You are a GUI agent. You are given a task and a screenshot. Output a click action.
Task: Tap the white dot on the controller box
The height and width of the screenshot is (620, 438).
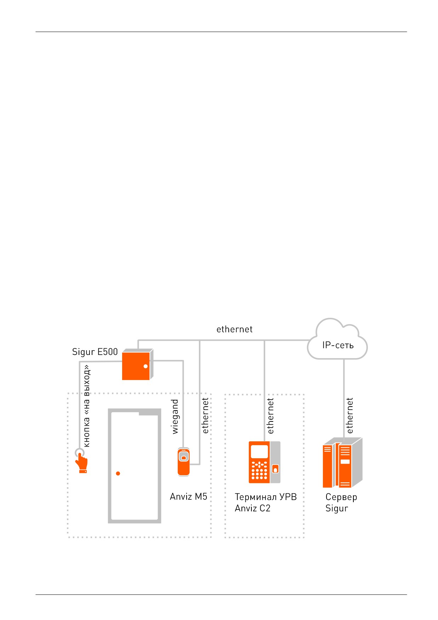click(x=146, y=366)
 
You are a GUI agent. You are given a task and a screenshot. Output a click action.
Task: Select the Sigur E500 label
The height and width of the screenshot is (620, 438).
click(x=95, y=352)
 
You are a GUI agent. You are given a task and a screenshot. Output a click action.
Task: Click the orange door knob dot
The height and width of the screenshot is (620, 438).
click(x=118, y=473)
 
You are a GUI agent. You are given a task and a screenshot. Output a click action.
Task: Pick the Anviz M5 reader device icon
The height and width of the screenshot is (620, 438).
click(x=183, y=462)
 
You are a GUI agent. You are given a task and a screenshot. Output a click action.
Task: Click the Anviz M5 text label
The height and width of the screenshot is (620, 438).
click(x=188, y=496)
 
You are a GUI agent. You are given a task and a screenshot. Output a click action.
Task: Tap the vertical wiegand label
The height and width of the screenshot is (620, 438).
click(x=175, y=417)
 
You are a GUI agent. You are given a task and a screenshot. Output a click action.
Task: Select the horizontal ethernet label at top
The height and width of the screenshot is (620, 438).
click(x=234, y=329)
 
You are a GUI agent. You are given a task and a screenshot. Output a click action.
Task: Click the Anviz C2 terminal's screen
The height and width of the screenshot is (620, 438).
click(x=260, y=451)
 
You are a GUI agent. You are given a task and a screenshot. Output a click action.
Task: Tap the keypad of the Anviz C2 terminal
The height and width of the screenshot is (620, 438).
click(x=260, y=470)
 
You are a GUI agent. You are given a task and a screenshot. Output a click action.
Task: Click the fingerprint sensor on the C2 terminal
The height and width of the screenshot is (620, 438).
click(x=275, y=469)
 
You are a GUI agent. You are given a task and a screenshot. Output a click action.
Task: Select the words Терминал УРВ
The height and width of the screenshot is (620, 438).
click(x=266, y=497)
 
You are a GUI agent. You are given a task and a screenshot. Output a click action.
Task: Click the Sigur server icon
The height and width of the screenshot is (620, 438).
click(x=343, y=463)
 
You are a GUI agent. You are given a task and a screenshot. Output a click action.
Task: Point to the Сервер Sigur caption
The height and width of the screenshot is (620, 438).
click(x=341, y=503)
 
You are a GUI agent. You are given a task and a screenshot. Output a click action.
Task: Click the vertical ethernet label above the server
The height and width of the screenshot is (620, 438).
click(x=349, y=416)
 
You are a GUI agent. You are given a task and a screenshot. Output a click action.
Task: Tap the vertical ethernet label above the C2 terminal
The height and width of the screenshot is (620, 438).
click(x=271, y=416)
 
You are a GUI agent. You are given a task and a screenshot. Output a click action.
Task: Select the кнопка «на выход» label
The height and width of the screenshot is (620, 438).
click(x=86, y=406)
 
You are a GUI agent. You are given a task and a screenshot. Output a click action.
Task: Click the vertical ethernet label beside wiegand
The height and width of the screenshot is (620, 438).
click(x=205, y=416)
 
